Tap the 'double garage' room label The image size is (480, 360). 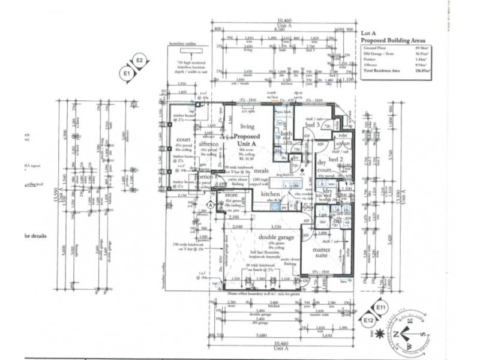pos(276,237)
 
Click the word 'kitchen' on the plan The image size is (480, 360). pos(270,195)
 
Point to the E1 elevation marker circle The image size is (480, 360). pos(127,73)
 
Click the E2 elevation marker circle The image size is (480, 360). pos(140,60)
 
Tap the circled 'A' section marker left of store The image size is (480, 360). pos(211,204)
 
